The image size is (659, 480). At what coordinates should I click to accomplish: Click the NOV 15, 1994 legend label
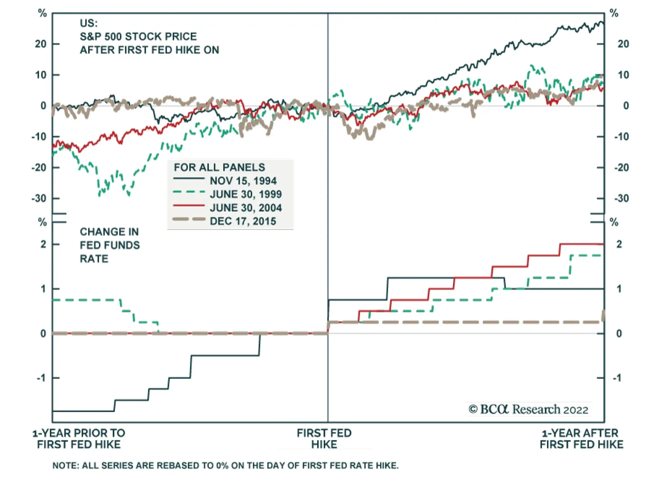click(x=243, y=181)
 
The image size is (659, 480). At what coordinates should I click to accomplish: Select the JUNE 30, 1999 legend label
click(x=245, y=194)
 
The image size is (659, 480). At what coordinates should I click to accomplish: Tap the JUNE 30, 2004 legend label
click(x=245, y=208)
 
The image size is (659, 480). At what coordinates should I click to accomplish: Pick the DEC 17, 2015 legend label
click(x=243, y=221)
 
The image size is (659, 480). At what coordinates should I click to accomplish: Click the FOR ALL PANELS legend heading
click(x=219, y=167)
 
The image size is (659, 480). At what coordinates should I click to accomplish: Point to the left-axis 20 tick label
click(x=41, y=44)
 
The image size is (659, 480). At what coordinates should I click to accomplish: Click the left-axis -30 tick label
click(x=39, y=198)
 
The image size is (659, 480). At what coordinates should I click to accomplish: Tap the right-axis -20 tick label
click(x=622, y=168)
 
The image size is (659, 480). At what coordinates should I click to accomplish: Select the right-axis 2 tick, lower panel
click(x=619, y=244)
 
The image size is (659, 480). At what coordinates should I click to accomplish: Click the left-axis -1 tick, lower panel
click(x=41, y=378)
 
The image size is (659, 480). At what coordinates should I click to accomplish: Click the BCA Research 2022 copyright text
click(x=528, y=410)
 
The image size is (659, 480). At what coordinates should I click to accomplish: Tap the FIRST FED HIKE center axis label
click(x=324, y=439)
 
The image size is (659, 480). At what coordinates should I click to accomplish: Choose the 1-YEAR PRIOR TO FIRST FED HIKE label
click(x=79, y=439)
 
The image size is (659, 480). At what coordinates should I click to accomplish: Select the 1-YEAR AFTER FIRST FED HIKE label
click(x=581, y=439)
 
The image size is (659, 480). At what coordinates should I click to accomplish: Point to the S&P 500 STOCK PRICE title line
click(x=138, y=37)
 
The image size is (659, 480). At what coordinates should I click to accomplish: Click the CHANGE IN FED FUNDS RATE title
click(x=110, y=245)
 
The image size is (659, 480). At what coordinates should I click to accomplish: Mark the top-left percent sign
click(x=42, y=14)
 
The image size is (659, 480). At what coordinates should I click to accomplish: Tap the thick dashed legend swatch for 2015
click(x=189, y=219)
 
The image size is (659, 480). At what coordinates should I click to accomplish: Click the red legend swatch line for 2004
click(x=189, y=206)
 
